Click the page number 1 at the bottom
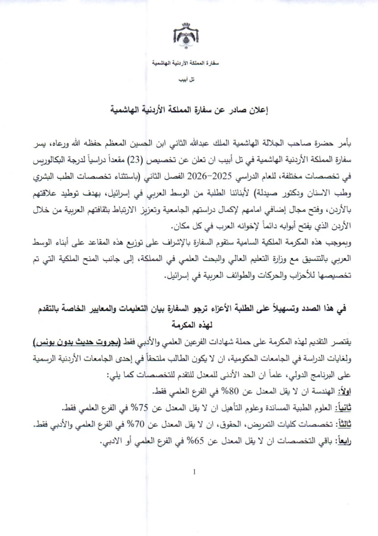click(x=194, y=472)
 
